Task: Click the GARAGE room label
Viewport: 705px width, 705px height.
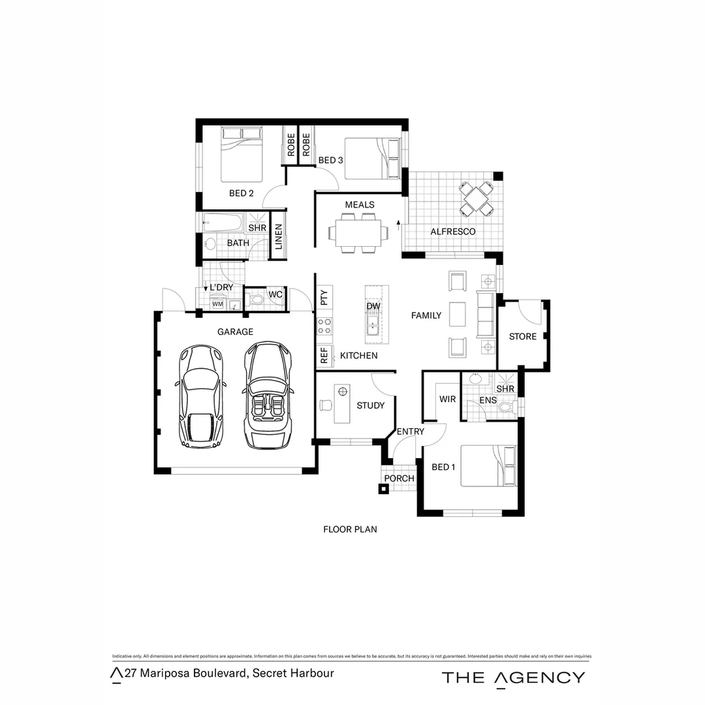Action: point(235,332)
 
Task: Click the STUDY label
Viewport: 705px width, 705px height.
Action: point(370,405)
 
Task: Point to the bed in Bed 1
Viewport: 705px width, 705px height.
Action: point(488,466)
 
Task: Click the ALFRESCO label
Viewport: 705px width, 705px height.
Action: point(452,232)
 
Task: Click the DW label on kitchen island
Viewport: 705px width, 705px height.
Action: point(373,306)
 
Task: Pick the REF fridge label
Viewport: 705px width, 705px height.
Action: point(324,356)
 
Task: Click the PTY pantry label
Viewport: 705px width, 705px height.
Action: point(324,298)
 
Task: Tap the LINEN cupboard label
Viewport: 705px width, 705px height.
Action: point(279,236)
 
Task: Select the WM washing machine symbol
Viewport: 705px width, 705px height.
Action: point(217,304)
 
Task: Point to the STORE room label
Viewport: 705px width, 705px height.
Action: point(523,336)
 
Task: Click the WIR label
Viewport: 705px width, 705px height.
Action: point(447,399)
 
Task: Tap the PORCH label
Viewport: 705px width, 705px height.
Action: point(399,478)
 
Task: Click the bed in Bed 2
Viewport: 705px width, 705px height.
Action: point(242,154)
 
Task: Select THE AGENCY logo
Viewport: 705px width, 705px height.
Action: point(513,678)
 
